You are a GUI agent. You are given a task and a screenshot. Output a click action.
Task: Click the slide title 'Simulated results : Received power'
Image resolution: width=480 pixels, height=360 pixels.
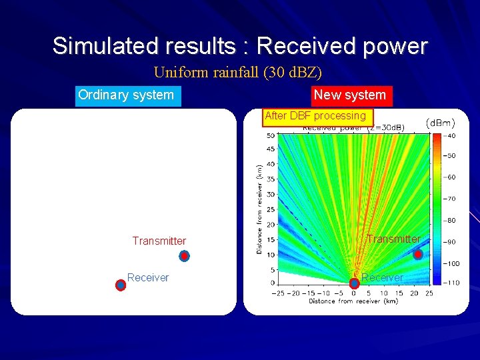[240, 46]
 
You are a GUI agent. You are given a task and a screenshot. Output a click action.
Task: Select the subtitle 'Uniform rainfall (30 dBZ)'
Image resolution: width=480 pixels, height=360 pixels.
[238, 72]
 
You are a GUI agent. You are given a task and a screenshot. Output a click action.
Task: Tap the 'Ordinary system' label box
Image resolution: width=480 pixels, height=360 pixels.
[126, 95]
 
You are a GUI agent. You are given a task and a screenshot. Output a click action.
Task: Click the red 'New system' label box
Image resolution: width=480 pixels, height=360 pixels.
[350, 95]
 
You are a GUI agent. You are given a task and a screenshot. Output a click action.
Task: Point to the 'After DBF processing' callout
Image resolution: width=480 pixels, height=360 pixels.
[315, 116]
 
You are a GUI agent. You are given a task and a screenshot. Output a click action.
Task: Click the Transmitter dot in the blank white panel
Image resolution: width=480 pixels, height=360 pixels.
[184, 256]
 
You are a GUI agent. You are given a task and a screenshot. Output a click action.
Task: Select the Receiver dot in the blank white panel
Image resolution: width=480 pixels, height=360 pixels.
[121, 285]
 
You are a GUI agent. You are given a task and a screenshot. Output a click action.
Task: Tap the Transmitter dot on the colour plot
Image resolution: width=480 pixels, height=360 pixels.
[418, 255]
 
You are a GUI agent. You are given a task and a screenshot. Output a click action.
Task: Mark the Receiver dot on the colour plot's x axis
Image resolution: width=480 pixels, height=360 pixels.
[354, 283]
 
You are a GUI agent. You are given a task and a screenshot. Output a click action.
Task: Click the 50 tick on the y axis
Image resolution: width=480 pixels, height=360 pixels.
[271, 135]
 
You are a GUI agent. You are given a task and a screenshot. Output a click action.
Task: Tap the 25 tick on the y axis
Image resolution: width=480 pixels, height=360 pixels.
[271, 209]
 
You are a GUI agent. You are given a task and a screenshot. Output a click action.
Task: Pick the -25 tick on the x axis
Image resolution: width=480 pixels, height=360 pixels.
[279, 293]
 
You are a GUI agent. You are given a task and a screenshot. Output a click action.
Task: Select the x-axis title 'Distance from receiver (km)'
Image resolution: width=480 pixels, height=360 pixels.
[353, 301]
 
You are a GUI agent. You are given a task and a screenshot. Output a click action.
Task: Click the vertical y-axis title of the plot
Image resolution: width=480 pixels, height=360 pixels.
[259, 209]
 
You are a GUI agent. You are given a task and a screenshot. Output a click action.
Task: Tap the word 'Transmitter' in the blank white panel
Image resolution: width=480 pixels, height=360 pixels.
[159, 241]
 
